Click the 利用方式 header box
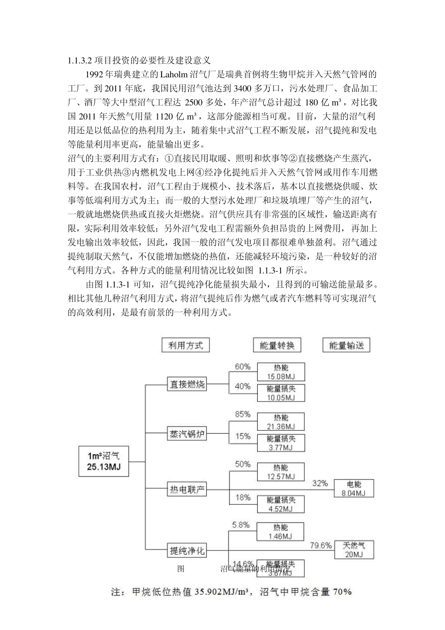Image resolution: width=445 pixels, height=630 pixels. [x=185, y=345]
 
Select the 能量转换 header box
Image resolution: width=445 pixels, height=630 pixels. [x=277, y=345]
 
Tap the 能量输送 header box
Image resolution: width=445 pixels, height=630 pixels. [x=347, y=345]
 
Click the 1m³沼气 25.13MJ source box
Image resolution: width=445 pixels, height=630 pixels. [x=103, y=461]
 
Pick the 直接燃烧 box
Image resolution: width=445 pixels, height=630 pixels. [x=187, y=385]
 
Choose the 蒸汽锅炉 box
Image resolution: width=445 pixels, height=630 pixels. [x=187, y=434]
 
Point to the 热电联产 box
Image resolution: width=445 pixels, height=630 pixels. [x=187, y=490]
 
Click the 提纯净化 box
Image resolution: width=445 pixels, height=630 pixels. [x=187, y=550]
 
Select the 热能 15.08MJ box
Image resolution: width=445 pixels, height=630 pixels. [x=281, y=372]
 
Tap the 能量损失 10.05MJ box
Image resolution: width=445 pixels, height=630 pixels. [x=281, y=393]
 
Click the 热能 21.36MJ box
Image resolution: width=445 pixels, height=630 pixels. [x=281, y=421]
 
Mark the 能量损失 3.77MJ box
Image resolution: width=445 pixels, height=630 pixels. [x=281, y=443]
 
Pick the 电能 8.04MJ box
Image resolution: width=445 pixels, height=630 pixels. [x=354, y=488]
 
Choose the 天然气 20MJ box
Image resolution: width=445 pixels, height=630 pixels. [x=354, y=549]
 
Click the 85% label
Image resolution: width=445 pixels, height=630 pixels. [x=243, y=414]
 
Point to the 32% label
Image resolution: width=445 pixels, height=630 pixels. [x=320, y=483]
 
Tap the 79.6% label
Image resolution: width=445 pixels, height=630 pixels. [x=321, y=545]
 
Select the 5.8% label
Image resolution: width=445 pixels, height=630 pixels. [x=241, y=525]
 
